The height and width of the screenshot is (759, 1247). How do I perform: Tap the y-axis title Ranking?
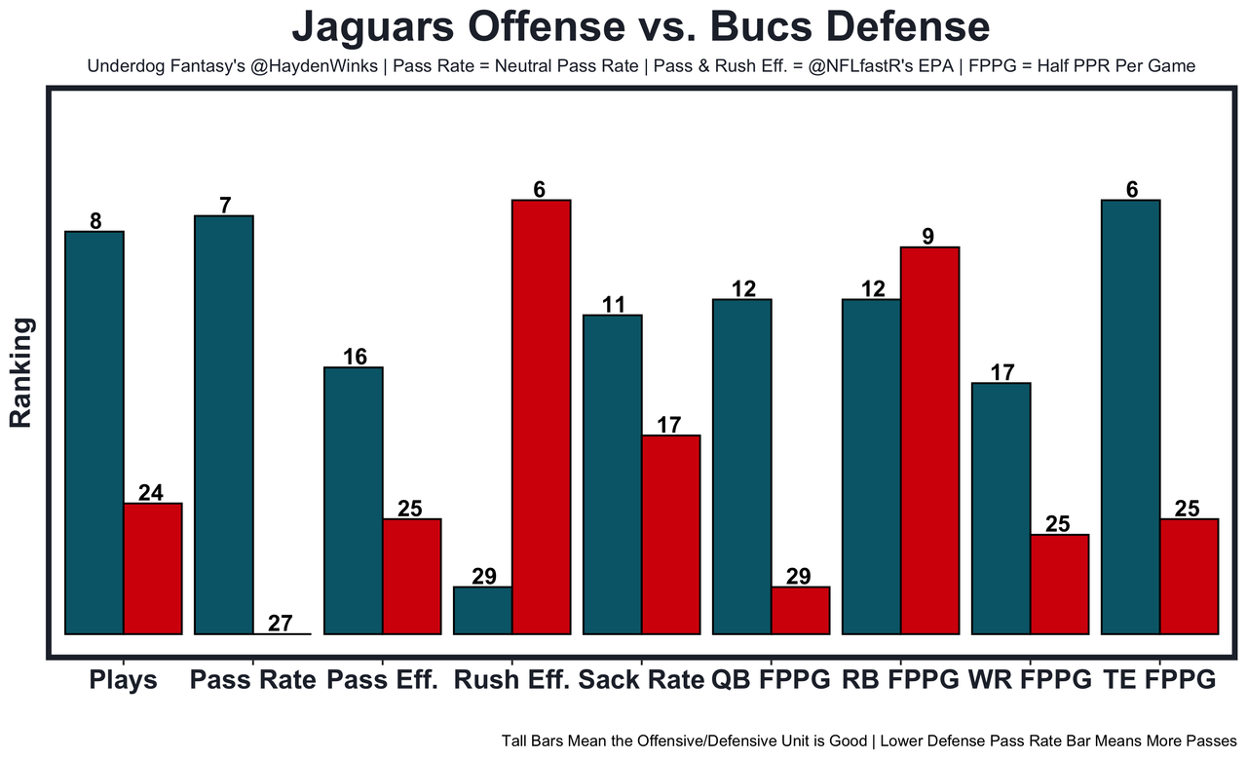pyautogui.click(x=21, y=372)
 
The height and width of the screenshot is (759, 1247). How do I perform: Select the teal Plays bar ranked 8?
pyautogui.click(x=94, y=433)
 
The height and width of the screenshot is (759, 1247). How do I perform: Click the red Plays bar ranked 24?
pyautogui.click(x=153, y=568)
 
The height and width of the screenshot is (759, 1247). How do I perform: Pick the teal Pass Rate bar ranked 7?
pyautogui.click(x=224, y=425)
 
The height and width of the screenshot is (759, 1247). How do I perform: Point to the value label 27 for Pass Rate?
pyautogui.click(x=280, y=624)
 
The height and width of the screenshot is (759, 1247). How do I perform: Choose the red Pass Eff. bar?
pyautogui.click(x=412, y=576)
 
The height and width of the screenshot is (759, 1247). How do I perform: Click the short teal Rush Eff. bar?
pyautogui.click(x=483, y=610)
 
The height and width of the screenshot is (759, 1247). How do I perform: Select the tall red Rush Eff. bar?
pyautogui.click(x=542, y=417)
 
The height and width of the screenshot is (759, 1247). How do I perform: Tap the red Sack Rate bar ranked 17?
pyautogui.click(x=671, y=534)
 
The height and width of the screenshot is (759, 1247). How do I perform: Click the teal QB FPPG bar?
pyautogui.click(x=742, y=467)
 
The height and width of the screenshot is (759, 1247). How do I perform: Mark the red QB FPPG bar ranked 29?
pyautogui.click(x=801, y=610)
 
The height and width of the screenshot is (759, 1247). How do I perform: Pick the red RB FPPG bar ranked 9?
pyautogui.click(x=930, y=440)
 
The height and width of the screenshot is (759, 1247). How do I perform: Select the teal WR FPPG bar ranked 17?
pyautogui.click(x=1001, y=509)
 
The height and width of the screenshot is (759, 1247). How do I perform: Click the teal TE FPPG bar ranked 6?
pyautogui.click(x=1131, y=417)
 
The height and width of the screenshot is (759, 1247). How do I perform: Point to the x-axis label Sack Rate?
pyautogui.click(x=641, y=680)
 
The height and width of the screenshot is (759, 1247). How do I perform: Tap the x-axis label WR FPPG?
pyautogui.click(x=1031, y=680)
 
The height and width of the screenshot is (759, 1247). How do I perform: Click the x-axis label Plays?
pyautogui.click(x=124, y=680)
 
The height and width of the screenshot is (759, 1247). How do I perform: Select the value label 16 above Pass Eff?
pyautogui.click(x=355, y=357)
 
